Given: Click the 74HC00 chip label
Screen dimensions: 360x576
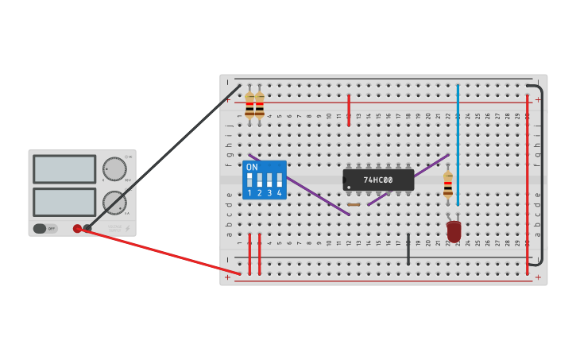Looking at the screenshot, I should click(378, 180).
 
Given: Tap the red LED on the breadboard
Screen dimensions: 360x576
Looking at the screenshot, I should click(454, 231).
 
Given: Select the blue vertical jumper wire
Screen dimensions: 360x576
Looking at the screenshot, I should click(458, 143).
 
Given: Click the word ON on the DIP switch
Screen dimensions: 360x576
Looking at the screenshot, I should click(252, 167).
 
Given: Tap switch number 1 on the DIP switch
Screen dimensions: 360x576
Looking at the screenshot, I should click(249, 181).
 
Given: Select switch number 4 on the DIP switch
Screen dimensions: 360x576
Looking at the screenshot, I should click(279, 181).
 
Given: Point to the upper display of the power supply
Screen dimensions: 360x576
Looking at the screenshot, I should click(64, 169).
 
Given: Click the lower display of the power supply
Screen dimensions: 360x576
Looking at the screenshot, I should click(64, 202).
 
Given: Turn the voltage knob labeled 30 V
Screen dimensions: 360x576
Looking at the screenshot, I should click(114, 168).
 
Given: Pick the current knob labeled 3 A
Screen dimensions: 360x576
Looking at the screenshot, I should click(114, 202).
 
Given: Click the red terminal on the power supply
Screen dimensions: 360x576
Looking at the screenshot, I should click(77, 229).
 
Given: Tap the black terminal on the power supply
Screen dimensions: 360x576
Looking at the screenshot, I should click(87, 228).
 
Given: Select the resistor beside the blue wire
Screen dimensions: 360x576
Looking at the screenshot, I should click(448, 184).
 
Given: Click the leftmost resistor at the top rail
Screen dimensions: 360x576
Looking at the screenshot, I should click(249, 104).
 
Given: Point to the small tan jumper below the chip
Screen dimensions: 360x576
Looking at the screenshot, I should click(354, 204).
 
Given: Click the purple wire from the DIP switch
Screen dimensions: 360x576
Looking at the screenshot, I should click(300, 185).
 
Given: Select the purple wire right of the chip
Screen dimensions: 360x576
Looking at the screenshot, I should click(408, 180).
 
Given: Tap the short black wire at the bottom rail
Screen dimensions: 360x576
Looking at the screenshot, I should click(408, 249).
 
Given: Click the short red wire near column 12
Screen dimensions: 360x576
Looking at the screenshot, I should click(349, 110).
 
